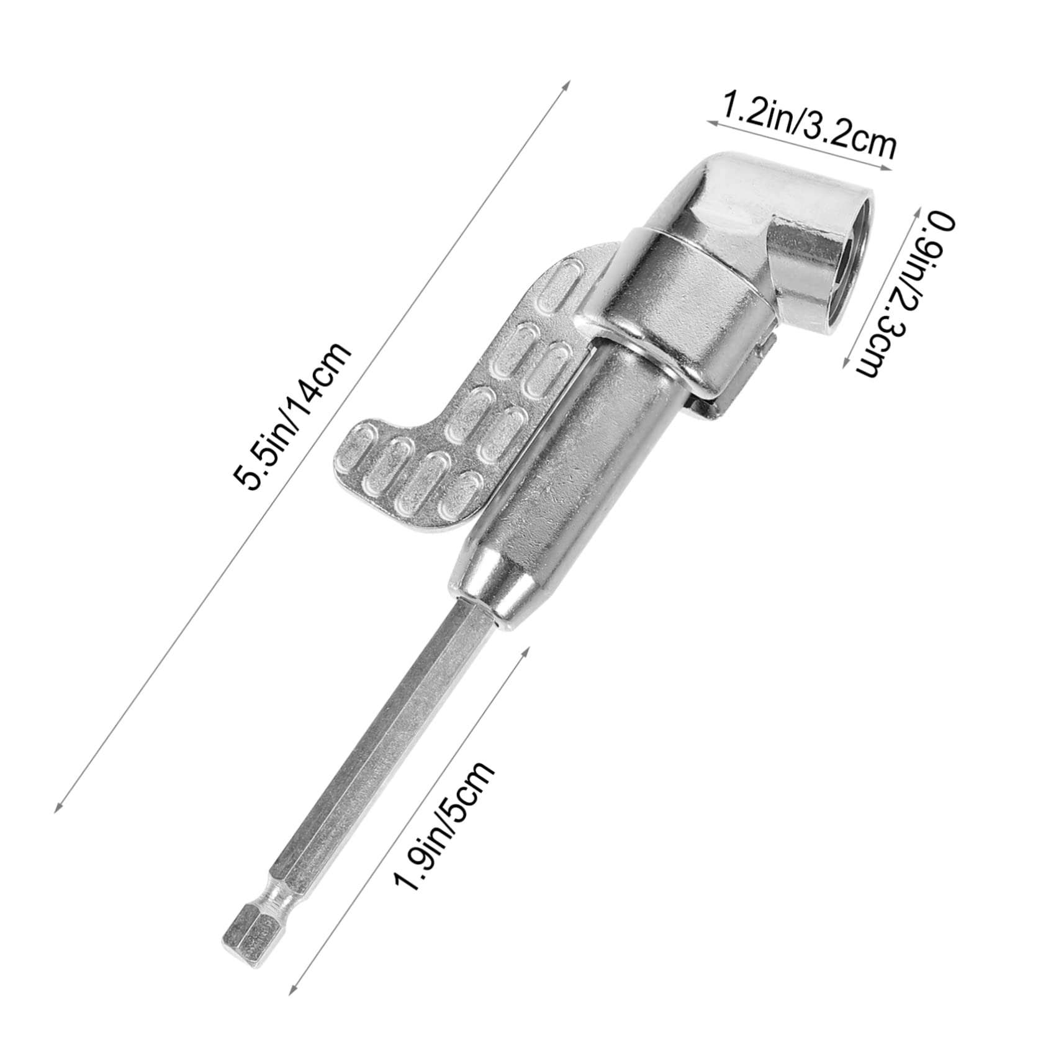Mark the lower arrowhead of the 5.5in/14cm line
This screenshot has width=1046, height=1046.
coord(58,808)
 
